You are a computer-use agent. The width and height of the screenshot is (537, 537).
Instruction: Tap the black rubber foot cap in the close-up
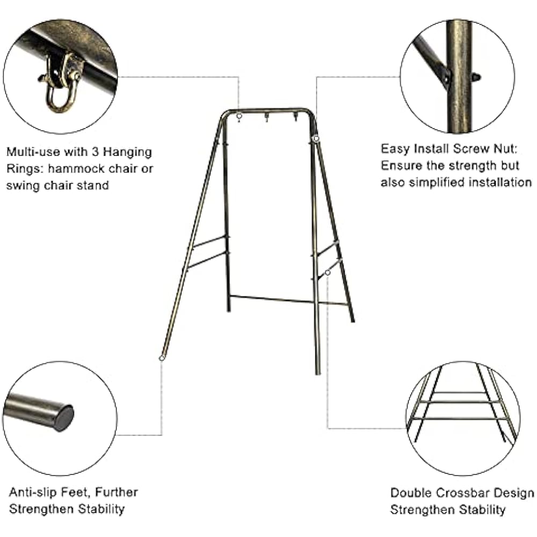[64, 417]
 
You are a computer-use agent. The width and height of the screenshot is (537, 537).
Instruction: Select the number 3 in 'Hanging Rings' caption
[96, 152]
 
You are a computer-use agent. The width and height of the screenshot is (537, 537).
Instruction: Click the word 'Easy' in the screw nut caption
[396, 149]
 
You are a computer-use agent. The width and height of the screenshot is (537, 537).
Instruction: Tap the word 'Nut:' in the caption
[505, 149]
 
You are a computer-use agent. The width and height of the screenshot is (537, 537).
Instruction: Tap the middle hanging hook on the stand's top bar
[266, 118]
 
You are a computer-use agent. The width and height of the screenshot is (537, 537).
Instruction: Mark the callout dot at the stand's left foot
[162, 358]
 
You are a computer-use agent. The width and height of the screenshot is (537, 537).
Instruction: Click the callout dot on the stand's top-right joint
[316, 139]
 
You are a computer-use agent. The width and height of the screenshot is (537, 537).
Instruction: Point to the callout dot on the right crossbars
[328, 273]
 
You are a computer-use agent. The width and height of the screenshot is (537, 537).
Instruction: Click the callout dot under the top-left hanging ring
[239, 116]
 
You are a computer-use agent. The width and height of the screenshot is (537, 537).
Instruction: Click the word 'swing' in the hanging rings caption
[23, 186]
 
